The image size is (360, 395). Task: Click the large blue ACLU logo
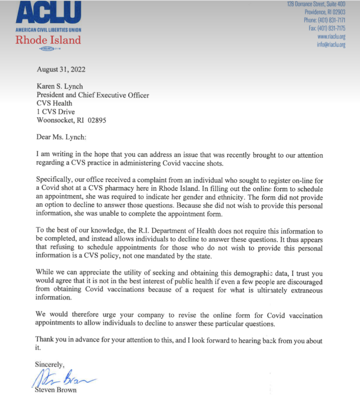[48, 12]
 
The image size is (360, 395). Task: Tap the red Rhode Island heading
[48, 40]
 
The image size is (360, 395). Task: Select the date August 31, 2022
[61, 69]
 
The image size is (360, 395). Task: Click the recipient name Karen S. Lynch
[60, 86]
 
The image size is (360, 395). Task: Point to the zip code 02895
[97, 120]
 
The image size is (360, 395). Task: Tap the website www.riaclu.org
[332, 36]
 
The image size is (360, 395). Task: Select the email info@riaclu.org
[331, 45]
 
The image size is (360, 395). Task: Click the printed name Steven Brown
[56, 390]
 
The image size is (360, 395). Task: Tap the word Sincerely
[50, 364]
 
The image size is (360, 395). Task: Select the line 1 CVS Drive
[56, 112]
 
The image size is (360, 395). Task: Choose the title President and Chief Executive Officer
[93, 95]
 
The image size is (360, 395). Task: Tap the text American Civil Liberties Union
[48, 30]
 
